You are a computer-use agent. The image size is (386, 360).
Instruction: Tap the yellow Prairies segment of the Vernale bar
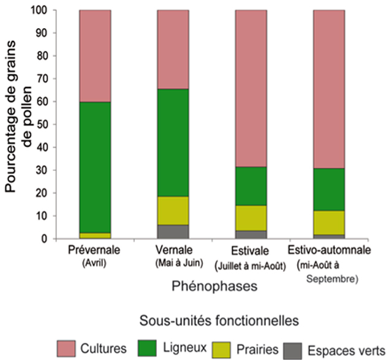click(173, 211)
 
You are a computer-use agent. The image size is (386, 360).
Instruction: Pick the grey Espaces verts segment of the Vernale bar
click(173, 231)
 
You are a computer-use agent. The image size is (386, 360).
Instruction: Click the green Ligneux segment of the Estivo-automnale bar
click(329, 189)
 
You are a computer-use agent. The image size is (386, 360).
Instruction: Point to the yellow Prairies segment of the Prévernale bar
click(95, 236)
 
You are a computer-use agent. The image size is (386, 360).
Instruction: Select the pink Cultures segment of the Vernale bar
click(173, 50)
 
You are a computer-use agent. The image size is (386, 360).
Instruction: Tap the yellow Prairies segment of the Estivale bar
click(251, 217)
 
